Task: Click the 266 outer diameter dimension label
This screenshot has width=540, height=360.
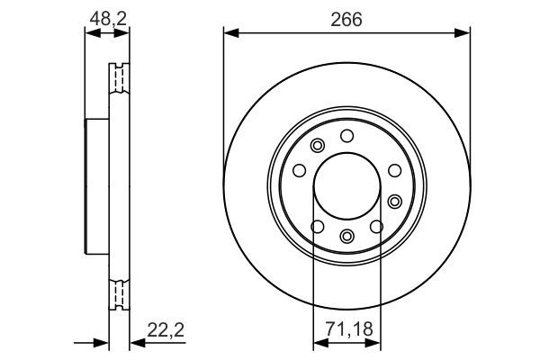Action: [x=346, y=20]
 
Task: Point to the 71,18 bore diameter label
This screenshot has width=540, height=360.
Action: [x=346, y=331]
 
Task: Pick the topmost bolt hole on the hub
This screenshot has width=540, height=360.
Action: [x=346, y=136]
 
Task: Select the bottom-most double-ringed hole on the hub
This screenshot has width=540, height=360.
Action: [x=347, y=237]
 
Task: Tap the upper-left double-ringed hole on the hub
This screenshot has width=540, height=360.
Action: [x=316, y=147]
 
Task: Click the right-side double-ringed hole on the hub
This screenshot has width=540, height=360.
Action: [x=395, y=200]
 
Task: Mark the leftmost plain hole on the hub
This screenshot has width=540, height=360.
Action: [x=299, y=171]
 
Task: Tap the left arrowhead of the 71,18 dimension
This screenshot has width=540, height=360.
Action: [x=318, y=343]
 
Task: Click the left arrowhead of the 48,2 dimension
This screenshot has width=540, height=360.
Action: [x=89, y=34]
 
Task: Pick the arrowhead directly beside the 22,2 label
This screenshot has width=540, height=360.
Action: [x=134, y=343]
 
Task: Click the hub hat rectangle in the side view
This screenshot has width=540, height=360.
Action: [x=95, y=186]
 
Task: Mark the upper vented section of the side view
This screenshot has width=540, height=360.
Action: [x=118, y=81]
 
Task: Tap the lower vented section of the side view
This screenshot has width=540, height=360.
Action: [x=118, y=293]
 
